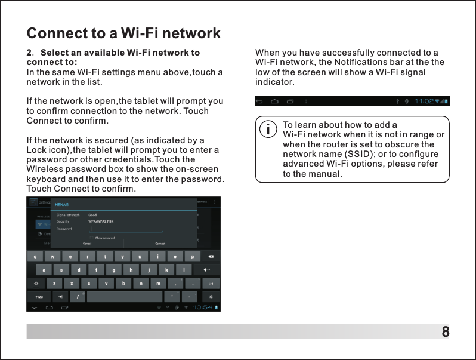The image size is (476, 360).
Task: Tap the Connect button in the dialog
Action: click(160, 244)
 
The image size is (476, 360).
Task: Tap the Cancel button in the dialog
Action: click(86, 244)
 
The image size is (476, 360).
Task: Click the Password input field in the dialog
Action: click(125, 229)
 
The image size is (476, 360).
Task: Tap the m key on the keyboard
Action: click(158, 283)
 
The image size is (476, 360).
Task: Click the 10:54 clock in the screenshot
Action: click(202, 307)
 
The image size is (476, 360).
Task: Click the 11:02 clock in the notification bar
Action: click(425, 101)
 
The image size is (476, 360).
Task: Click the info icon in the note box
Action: click(269, 128)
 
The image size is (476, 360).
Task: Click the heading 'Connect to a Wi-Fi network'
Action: click(123, 33)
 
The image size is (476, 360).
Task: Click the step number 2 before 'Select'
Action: click(29, 53)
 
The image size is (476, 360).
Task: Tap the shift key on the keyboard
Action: click(38, 283)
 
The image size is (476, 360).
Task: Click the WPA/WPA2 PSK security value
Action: click(101, 221)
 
